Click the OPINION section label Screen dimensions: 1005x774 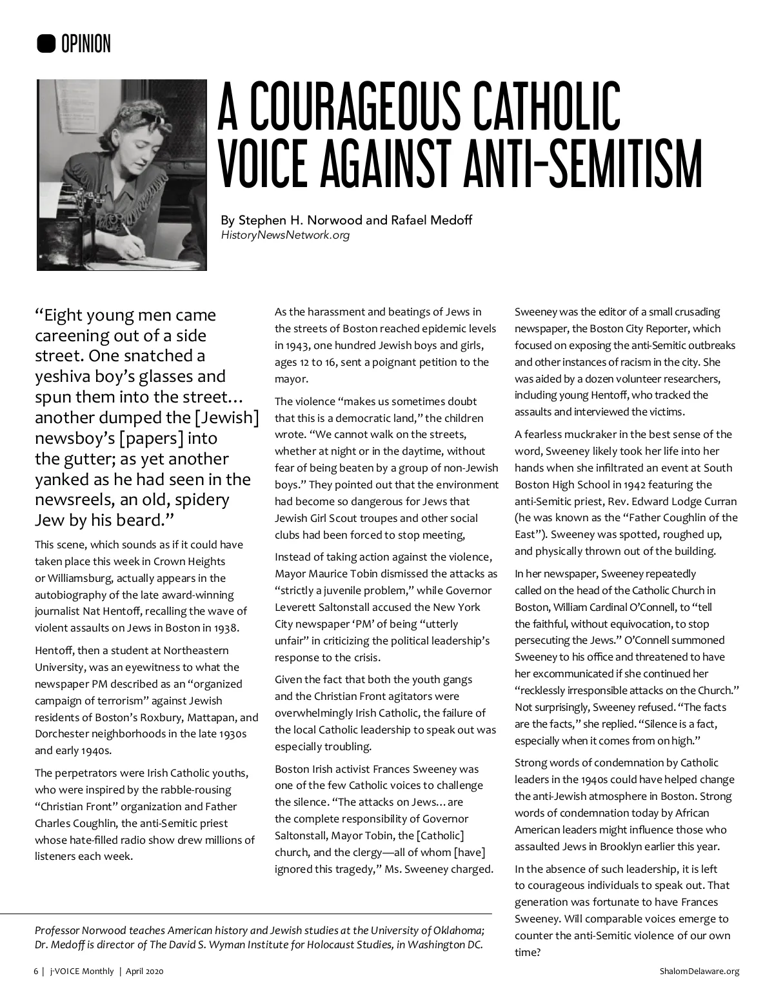click(86, 44)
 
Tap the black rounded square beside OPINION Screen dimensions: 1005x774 click(46, 44)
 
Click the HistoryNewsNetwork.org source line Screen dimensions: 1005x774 click(285, 235)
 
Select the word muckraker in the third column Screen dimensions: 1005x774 click(588, 434)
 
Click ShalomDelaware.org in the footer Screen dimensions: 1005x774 click(699, 971)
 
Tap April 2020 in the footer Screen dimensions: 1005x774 click(144, 971)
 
